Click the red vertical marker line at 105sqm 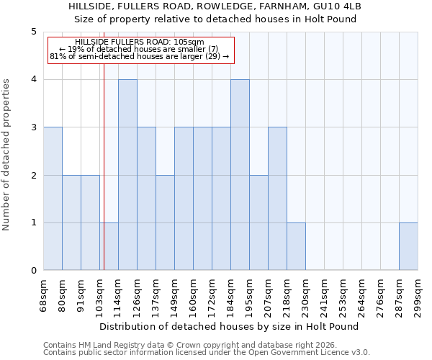(x=104, y=158)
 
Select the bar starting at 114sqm (x=127, y=175)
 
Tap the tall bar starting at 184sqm (x=240, y=175)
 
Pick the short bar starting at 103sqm (x=109, y=247)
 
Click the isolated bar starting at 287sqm (x=408, y=247)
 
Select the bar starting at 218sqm (x=296, y=247)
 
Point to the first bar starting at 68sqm (x=53, y=199)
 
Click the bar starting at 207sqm (x=277, y=199)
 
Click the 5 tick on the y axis (x=33, y=32)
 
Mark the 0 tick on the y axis (x=33, y=271)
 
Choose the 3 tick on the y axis (x=33, y=127)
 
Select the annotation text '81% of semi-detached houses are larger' (x=140, y=56)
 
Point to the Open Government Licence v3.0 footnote (x=207, y=353)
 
